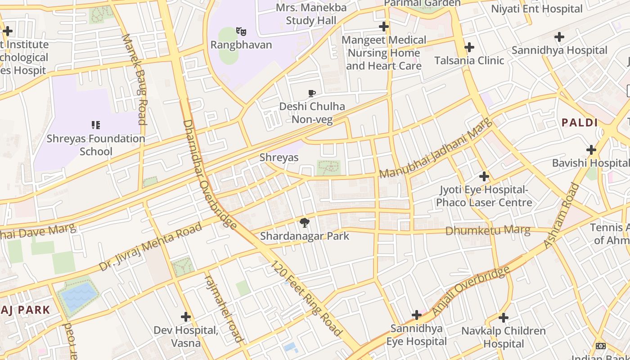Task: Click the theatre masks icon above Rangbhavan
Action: tap(241, 31)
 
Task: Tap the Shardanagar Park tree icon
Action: tap(305, 223)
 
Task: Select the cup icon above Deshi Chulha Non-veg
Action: tap(311, 94)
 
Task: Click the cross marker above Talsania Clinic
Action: tap(469, 47)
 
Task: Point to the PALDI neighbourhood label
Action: tap(580, 122)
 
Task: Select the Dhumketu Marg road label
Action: tap(488, 231)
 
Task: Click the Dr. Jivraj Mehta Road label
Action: tap(151, 247)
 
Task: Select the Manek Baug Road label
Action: tap(135, 79)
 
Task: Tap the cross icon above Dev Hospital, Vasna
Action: tap(186, 317)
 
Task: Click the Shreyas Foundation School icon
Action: tap(95, 125)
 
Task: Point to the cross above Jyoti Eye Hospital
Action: tap(484, 176)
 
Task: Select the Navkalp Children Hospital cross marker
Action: tap(504, 318)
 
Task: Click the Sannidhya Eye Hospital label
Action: tap(417, 335)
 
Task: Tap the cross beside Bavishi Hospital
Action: tap(591, 150)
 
